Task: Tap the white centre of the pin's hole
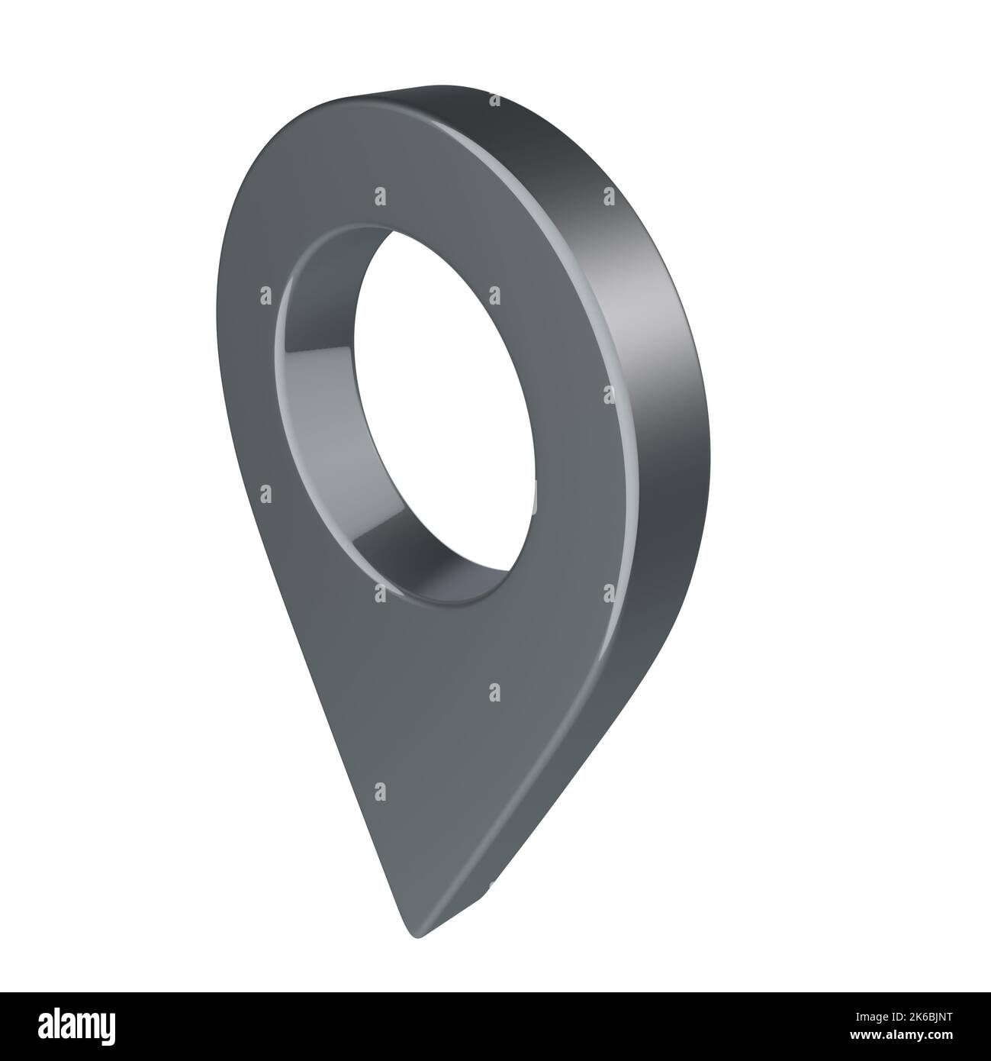[x=442, y=412]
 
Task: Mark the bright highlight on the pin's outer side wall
[x=656, y=305]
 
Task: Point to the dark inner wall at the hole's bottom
[x=427, y=565]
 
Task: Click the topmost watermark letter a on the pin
[x=494, y=100]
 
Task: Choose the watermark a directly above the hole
[x=379, y=198]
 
